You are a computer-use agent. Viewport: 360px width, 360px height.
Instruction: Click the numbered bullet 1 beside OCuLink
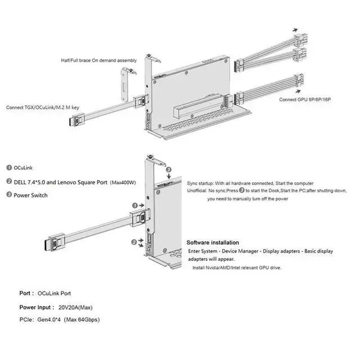pos(10,168)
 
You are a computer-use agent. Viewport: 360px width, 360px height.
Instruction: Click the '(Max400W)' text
pos(123,182)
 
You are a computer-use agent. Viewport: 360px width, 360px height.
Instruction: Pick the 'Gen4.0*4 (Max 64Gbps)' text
pos(70,319)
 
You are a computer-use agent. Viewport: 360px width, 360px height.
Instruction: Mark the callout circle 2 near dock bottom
pos(133,242)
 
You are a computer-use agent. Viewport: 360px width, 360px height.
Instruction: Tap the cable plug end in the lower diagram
pos(48,245)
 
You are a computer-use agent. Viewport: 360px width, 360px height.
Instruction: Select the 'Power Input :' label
pos(36,308)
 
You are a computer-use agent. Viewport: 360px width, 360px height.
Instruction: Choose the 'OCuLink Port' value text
pos(54,294)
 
